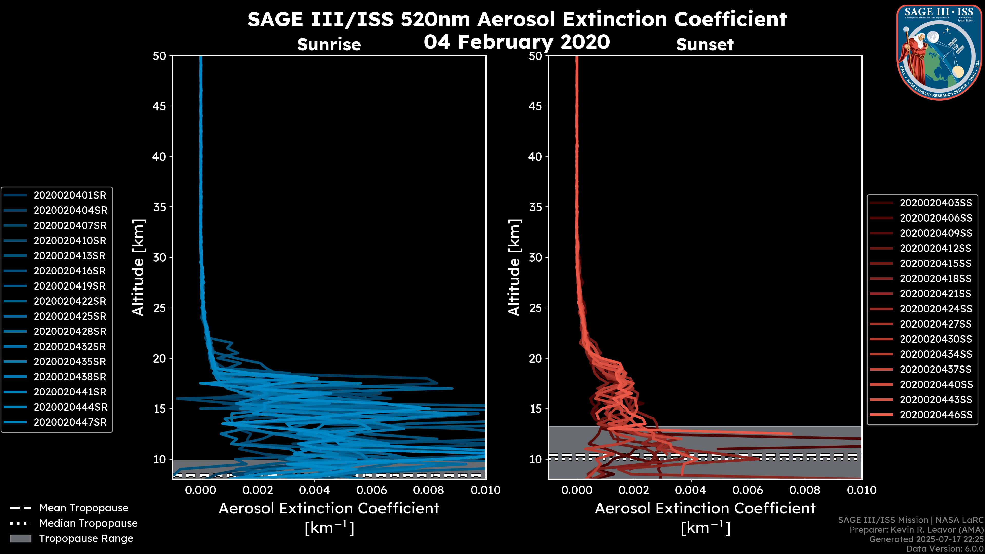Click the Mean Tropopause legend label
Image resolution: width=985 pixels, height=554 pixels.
[x=84, y=508]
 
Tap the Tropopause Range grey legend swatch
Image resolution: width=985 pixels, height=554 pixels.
[x=21, y=539]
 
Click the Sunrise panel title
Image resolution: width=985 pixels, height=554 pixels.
[x=329, y=45]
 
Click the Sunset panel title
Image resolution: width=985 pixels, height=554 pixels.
[x=705, y=45]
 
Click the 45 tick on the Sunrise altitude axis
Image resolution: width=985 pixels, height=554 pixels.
[x=160, y=106]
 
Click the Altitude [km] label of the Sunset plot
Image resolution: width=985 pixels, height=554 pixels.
[x=515, y=268]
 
